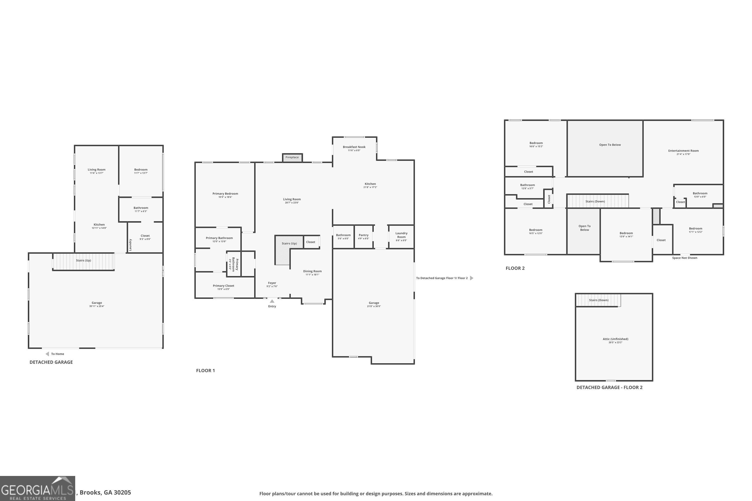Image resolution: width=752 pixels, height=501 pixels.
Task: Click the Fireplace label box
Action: coord(292,158)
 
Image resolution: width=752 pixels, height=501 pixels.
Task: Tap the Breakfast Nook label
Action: coord(354,147)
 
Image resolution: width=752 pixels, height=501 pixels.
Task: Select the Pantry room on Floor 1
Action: coord(363,236)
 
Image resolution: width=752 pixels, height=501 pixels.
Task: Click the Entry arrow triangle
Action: coord(272,301)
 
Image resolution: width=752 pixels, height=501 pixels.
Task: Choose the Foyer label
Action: coord(272,283)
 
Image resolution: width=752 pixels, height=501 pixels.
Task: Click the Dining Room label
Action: coord(312,271)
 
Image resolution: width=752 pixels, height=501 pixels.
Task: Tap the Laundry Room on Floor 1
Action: coord(401,236)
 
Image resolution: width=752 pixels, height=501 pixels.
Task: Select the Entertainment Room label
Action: coord(683,151)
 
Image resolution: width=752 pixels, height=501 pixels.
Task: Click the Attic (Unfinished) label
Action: coord(615,339)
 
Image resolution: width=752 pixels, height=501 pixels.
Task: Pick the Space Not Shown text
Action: coord(685,258)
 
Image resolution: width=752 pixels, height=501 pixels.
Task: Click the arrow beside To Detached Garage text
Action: coord(472,278)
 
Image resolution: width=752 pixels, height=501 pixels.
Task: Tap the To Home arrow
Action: coord(47,354)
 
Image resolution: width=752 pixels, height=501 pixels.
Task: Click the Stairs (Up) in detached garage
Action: coord(83,261)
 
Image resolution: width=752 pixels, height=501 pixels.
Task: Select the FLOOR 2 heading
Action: coord(515,268)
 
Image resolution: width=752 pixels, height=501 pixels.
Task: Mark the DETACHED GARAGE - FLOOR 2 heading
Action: coord(609,388)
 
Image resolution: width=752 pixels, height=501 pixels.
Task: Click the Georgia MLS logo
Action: coord(37,489)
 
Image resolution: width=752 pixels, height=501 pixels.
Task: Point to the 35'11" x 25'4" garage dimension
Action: coord(97,306)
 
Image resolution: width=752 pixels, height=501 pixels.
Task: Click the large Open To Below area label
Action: coord(610,145)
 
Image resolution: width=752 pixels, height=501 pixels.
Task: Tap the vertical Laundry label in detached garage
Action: coord(130,245)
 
